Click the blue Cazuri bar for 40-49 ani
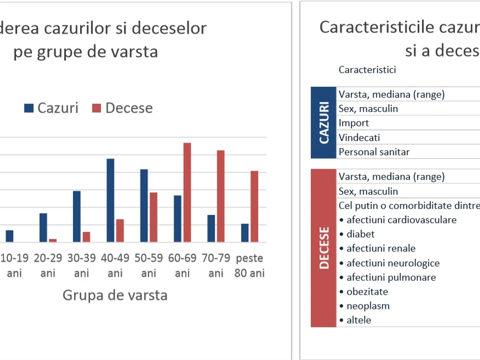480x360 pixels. [110, 200]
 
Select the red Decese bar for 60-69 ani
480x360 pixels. [187, 192]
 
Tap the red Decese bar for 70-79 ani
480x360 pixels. [221, 196]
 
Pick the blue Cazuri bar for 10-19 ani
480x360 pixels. [9, 236]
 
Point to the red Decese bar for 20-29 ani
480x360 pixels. [53, 240]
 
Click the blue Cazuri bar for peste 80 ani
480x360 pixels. [245, 233]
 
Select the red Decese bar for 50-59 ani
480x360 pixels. [154, 217]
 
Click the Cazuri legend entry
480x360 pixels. [51, 108]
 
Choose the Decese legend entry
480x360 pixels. [122, 108]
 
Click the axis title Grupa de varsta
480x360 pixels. [115, 295]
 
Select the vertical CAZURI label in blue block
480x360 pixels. [324, 123]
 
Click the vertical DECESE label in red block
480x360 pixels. [324, 248]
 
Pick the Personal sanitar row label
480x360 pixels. [374, 152]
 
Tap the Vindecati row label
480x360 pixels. [359, 138]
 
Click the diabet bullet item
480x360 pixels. [357, 234]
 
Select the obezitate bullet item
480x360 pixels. [364, 292]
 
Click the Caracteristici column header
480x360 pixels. [367, 70]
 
